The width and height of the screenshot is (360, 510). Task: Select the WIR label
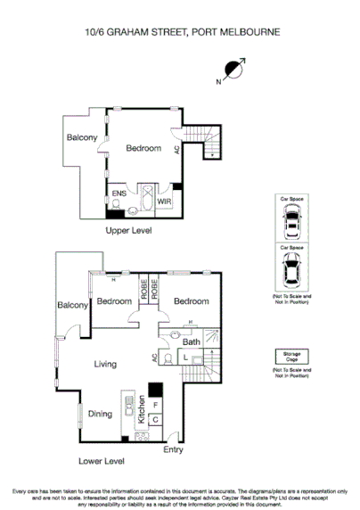coord(164,202)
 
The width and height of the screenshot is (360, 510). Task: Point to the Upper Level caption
coord(129,230)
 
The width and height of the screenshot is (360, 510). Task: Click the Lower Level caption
coord(101,461)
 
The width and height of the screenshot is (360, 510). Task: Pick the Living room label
coord(106,363)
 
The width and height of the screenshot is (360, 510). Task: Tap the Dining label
coord(100,413)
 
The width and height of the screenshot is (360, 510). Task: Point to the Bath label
coord(191,341)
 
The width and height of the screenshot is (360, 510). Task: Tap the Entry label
coord(174,449)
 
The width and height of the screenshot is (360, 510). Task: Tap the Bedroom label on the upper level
coord(143,147)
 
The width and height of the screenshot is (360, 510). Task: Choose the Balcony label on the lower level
coord(72,306)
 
